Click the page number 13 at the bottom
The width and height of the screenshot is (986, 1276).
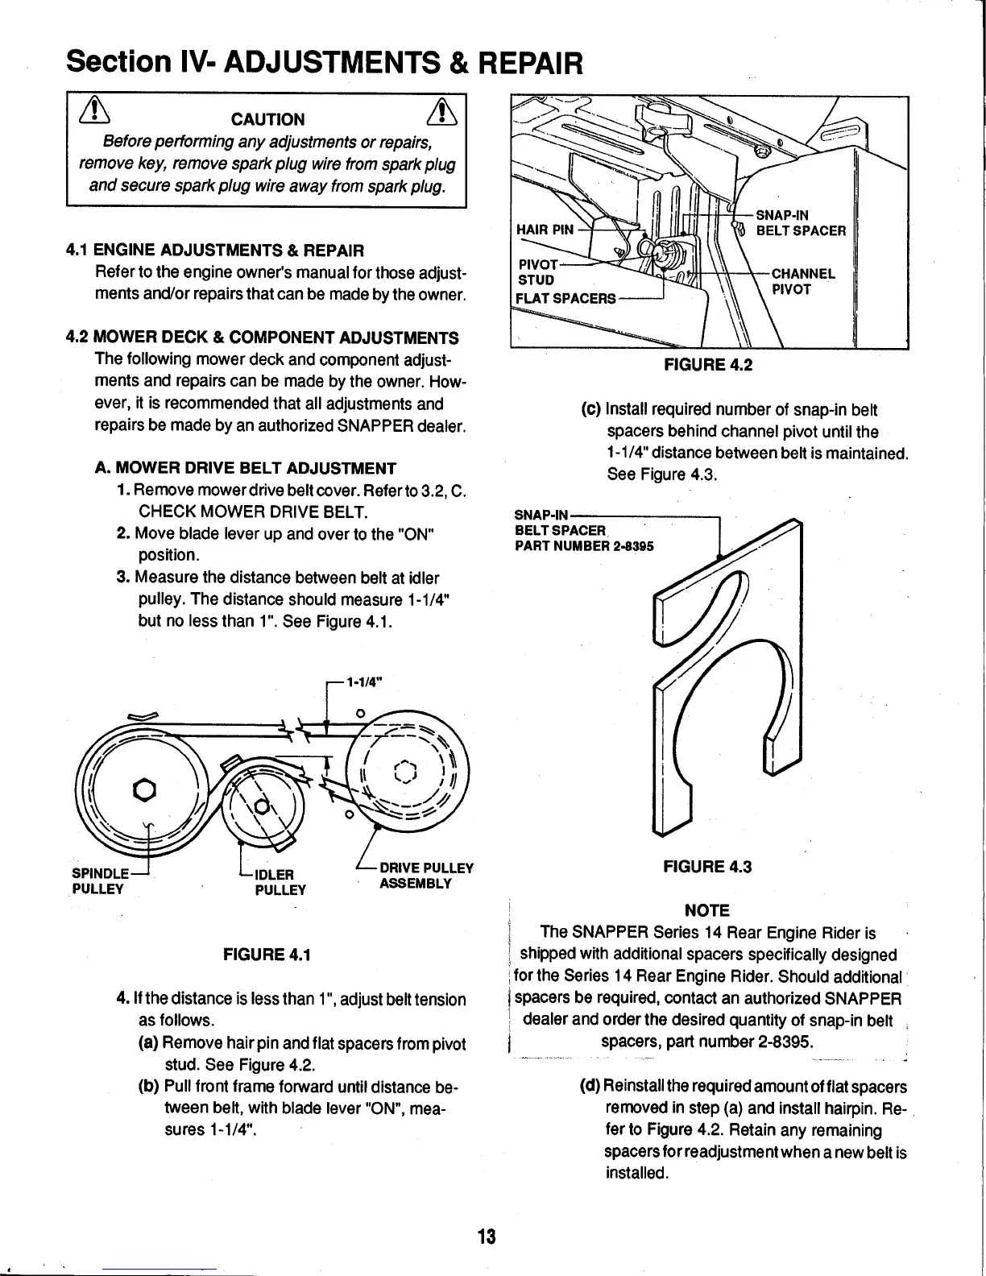[x=486, y=1237]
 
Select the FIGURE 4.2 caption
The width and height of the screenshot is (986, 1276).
[x=707, y=364]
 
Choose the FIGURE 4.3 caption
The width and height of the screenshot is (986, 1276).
[x=706, y=868]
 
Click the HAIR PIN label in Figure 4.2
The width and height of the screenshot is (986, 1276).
[x=545, y=230]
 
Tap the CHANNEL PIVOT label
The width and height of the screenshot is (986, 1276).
[x=803, y=280]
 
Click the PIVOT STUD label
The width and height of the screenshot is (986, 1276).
[x=536, y=272]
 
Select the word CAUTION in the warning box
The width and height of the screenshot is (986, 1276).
[x=267, y=120]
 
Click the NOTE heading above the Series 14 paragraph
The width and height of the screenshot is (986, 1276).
[x=706, y=911]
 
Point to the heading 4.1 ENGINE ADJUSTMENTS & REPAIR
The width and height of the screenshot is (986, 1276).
[x=215, y=251]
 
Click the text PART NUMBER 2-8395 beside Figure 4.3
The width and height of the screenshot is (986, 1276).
[x=584, y=546]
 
